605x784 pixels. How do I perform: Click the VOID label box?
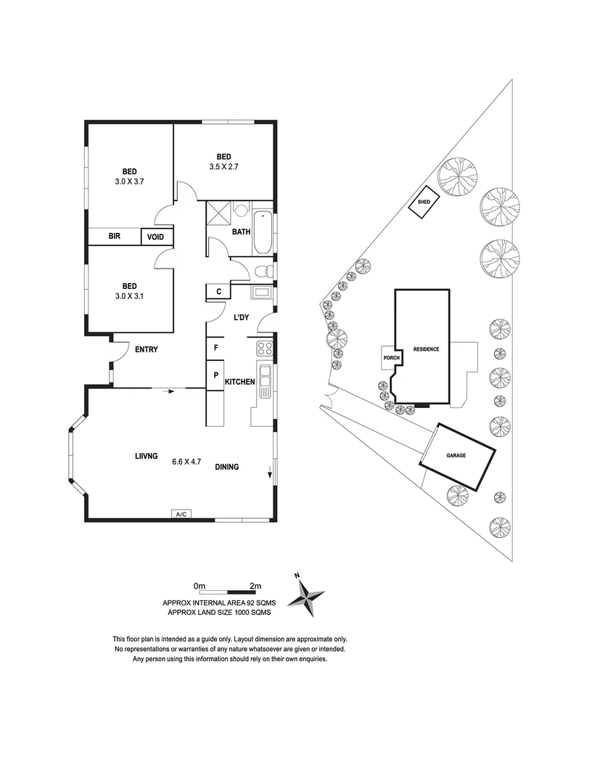[x=156, y=237]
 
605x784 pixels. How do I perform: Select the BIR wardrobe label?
[x=115, y=237]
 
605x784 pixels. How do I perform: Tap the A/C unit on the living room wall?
[x=181, y=514]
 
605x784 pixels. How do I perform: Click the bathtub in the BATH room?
[x=262, y=232]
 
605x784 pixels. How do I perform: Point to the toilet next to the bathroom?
[x=264, y=272]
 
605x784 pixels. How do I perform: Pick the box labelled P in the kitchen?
[x=216, y=376]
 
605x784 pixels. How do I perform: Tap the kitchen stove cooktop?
[x=265, y=348]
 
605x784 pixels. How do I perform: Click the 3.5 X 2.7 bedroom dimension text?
[x=223, y=166]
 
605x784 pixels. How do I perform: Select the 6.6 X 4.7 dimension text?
[x=186, y=461]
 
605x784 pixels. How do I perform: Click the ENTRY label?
[x=147, y=349]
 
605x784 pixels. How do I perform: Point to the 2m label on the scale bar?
[x=255, y=585]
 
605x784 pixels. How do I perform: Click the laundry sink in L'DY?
[x=262, y=293]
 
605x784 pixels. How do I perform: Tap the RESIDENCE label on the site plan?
[x=426, y=349]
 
